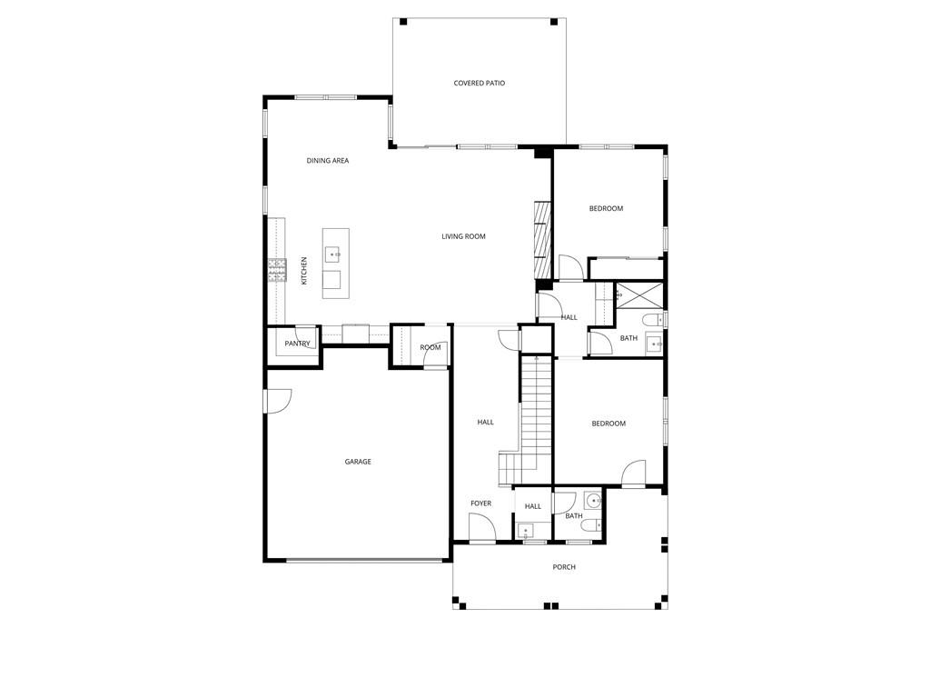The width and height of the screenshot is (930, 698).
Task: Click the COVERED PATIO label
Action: [x=480, y=83]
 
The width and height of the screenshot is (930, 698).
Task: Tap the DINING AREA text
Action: [x=327, y=160]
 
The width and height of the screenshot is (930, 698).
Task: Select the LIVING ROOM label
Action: [x=463, y=236]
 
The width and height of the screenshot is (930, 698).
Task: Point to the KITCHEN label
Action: [x=304, y=271]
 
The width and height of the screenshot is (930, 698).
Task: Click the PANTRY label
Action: [x=297, y=344]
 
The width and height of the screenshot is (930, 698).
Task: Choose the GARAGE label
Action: [x=358, y=462]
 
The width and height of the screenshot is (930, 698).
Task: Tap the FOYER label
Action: [x=481, y=504]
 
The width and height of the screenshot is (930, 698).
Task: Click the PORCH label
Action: [x=564, y=567]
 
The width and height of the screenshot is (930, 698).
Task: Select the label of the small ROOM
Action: [x=430, y=347]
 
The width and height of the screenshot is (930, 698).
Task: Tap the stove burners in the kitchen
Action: [x=277, y=270]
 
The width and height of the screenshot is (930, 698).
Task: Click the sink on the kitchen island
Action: [x=332, y=254]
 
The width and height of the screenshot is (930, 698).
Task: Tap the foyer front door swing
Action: [x=481, y=527]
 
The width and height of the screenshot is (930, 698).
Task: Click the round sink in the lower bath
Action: [x=592, y=502]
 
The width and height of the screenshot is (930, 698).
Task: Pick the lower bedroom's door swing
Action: [x=633, y=473]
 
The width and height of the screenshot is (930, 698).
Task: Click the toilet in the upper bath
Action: [x=653, y=320]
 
